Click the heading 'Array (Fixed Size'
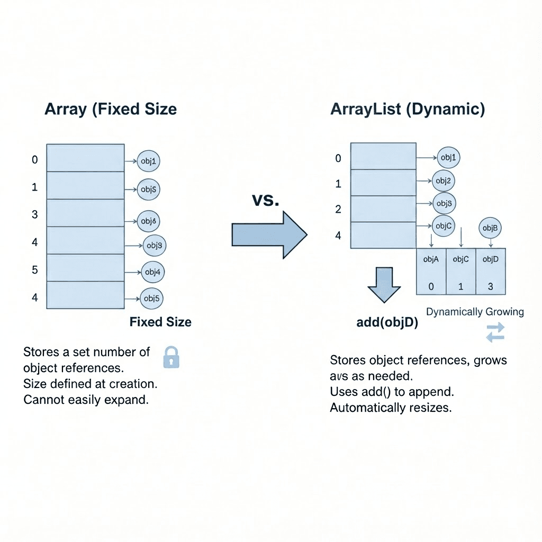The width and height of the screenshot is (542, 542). point(111,110)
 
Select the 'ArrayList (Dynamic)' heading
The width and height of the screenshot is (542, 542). point(407,110)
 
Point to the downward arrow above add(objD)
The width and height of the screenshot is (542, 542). point(384,285)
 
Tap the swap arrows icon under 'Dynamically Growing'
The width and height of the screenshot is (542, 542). point(495,332)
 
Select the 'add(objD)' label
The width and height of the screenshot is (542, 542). point(387,322)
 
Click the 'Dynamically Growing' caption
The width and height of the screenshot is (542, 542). point(475,312)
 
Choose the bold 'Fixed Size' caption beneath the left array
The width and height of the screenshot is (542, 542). point(160,322)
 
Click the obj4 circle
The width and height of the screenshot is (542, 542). point(153,272)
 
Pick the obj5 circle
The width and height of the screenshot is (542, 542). point(151,299)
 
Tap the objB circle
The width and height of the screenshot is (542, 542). point(490,228)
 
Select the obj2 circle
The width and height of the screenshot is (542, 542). point(444,180)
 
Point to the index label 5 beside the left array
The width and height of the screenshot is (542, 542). point(35,270)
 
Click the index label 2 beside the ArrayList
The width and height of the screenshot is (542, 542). point(339,209)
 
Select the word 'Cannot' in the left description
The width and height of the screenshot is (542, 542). point(43,399)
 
